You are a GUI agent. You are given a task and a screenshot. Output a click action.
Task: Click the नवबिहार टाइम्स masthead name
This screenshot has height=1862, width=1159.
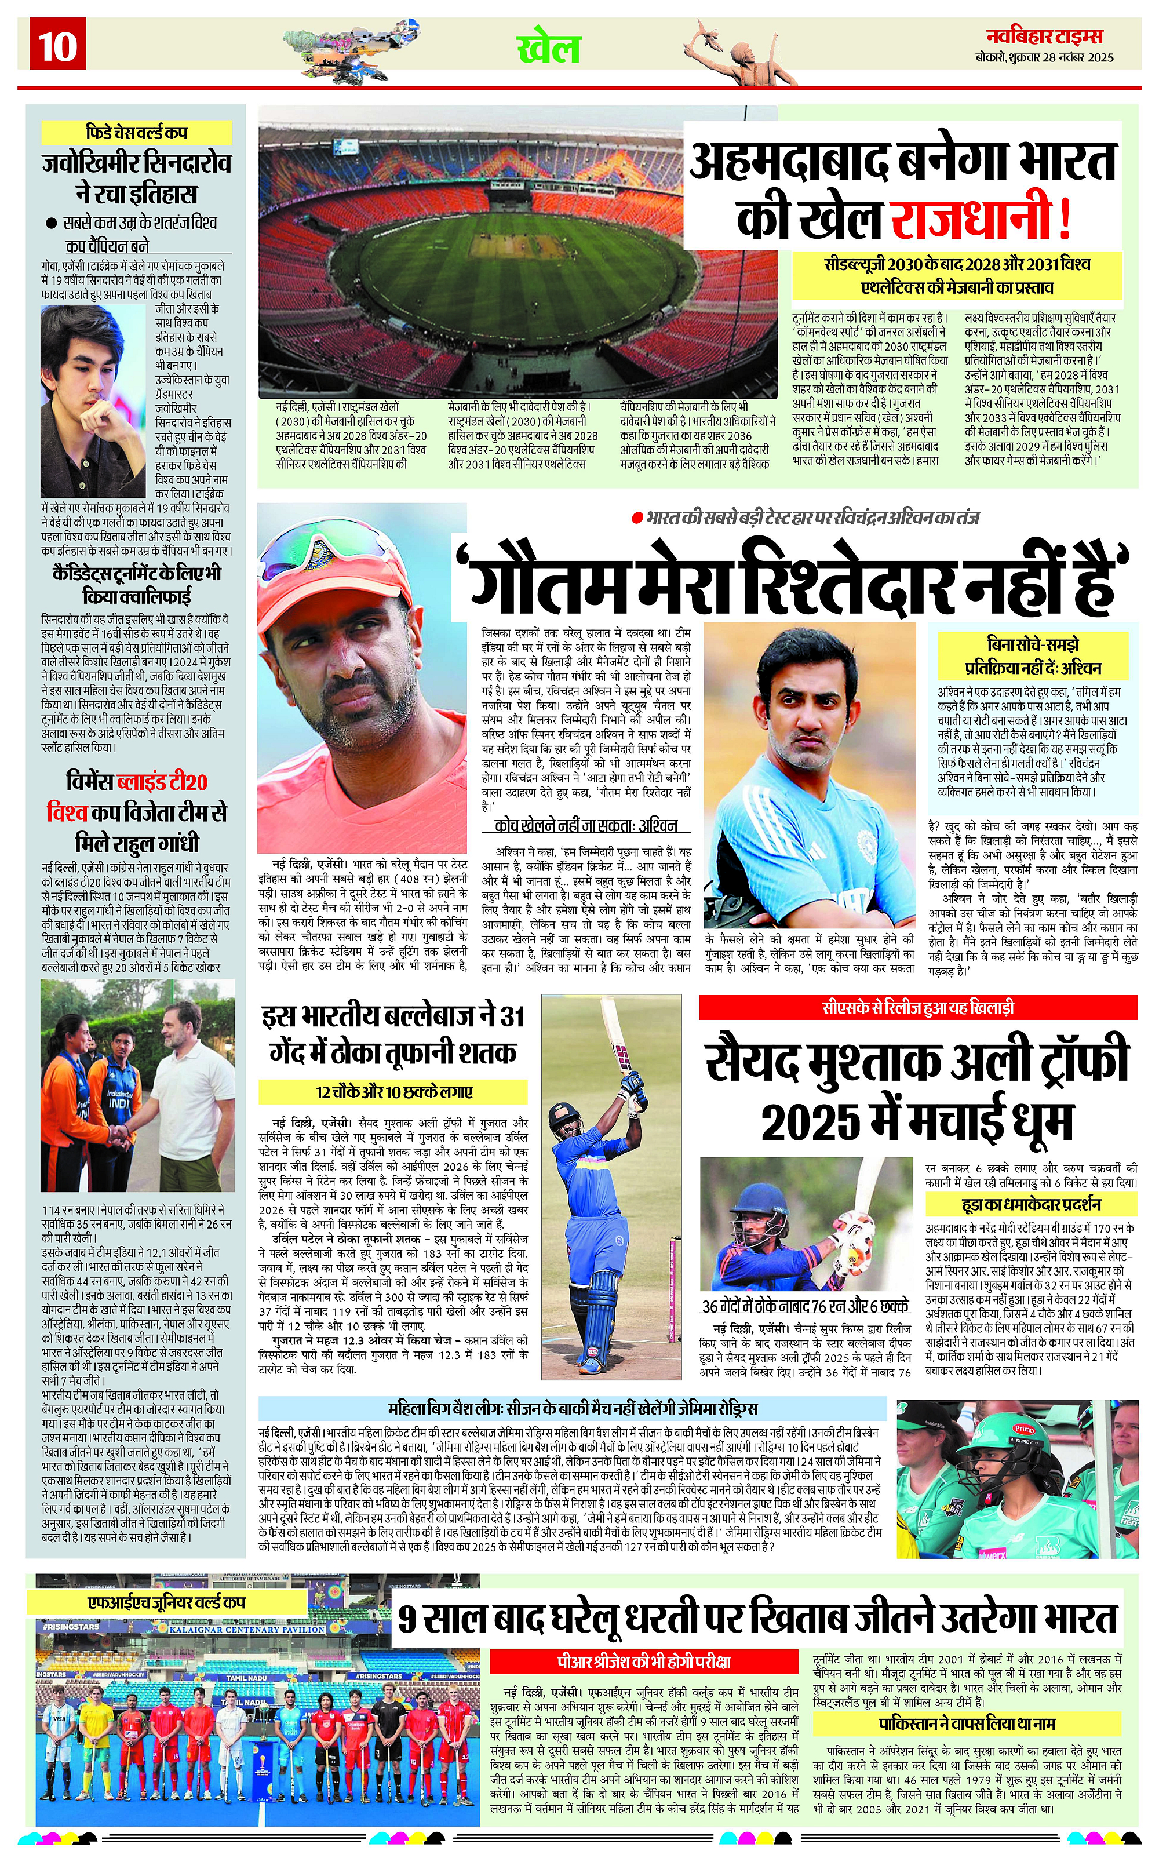(x=1044, y=36)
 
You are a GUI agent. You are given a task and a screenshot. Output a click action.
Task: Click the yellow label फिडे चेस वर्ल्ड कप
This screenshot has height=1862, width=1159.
(x=136, y=132)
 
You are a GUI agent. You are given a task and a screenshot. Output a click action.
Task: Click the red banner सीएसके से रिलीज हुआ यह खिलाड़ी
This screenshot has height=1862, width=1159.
(x=917, y=1007)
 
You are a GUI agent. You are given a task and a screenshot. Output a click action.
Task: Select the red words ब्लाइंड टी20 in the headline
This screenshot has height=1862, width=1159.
(x=161, y=782)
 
